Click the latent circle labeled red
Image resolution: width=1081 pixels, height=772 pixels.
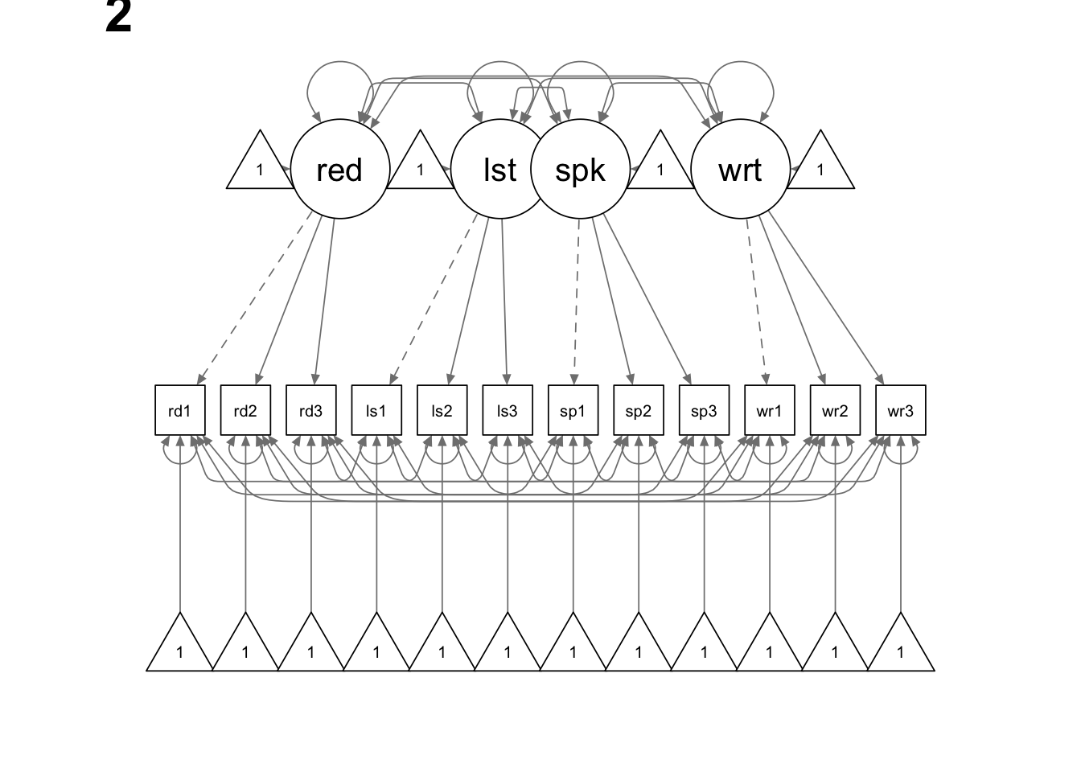click(339, 170)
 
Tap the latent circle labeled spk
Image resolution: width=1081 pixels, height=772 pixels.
click(580, 170)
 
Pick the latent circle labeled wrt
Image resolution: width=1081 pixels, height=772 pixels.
click(740, 170)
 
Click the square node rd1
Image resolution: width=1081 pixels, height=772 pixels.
click(180, 411)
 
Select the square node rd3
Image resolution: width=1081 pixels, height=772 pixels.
click(311, 411)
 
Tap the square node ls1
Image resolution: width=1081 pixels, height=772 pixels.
click(376, 411)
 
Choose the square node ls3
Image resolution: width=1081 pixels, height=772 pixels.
click(508, 411)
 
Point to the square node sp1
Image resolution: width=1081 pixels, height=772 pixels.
click(573, 411)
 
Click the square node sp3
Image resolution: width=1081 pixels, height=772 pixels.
click(704, 411)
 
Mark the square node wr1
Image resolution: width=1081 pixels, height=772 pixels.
click(769, 411)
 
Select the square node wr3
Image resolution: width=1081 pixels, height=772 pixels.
click(900, 411)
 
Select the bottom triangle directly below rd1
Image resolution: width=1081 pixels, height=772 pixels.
click(180, 648)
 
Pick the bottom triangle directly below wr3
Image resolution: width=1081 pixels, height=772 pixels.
click(900, 648)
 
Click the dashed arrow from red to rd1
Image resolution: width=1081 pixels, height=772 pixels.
click(254, 298)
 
